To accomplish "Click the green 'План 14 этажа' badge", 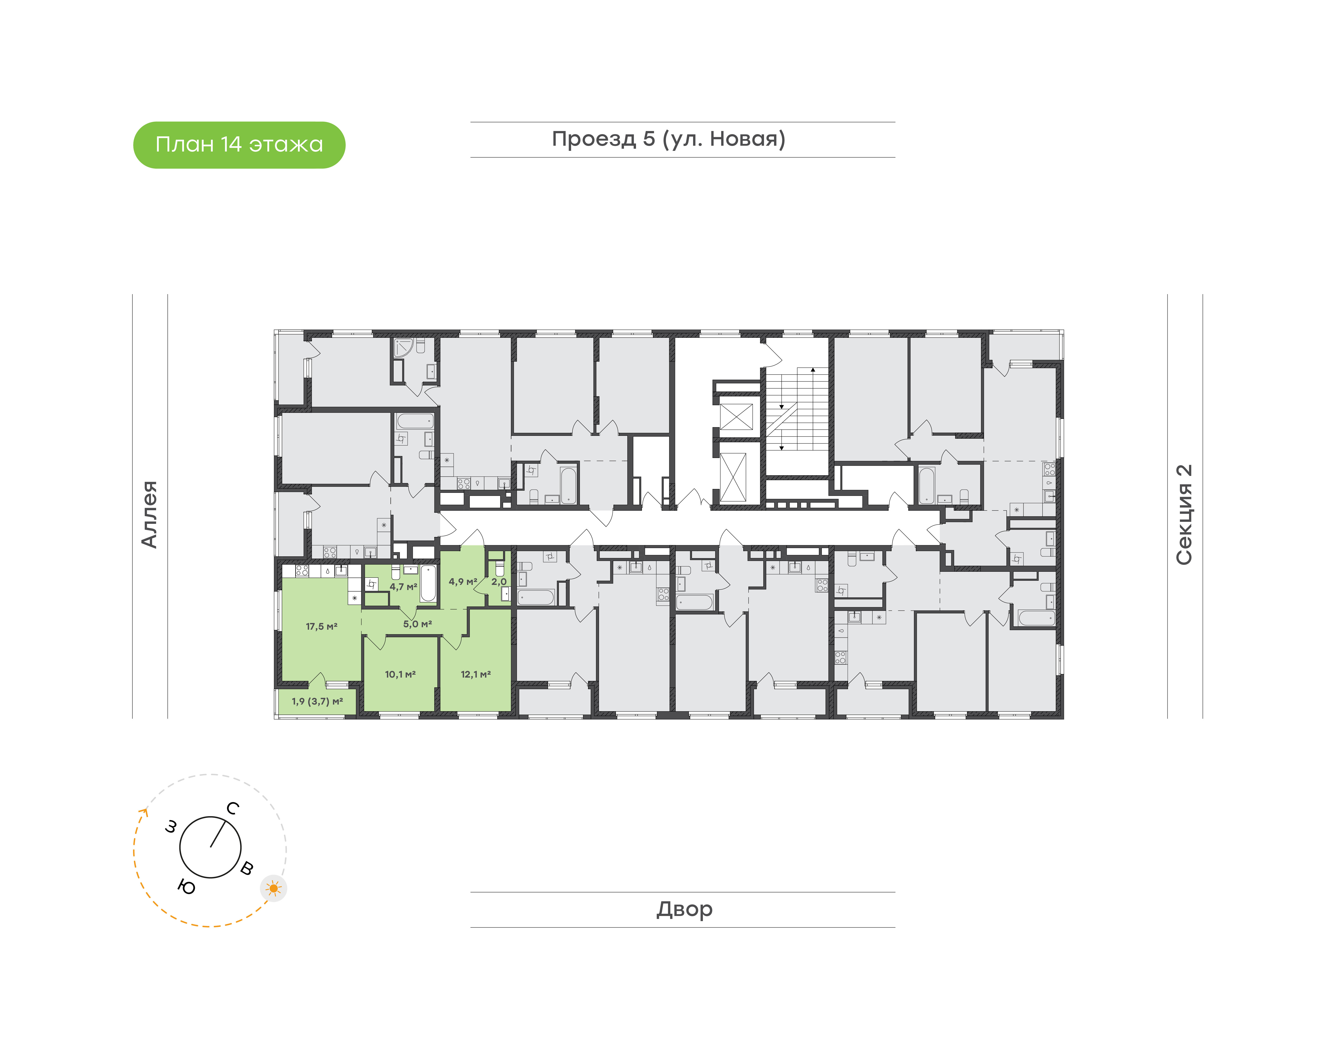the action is tap(239, 145).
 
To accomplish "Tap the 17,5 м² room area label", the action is tap(321, 627).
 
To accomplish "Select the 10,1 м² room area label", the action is tap(400, 674).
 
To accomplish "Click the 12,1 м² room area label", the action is tap(476, 674).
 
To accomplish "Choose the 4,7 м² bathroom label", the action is tap(403, 586).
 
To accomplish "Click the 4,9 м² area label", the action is tap(463, 582).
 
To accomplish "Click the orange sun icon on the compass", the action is tap(273, 888).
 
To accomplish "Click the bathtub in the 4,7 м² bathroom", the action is tap(428, 584).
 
